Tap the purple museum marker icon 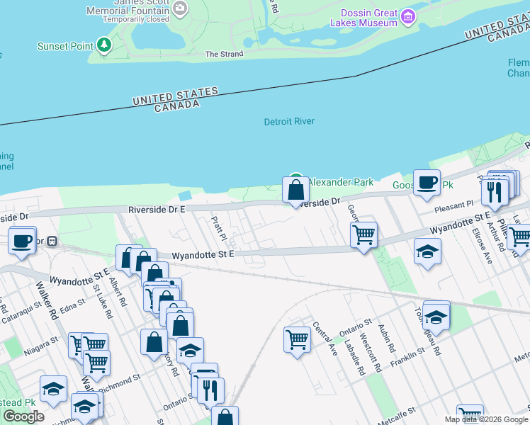point(407,16)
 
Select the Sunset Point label point(65,46)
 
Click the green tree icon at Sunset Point point(104,45)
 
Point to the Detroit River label point(289,122)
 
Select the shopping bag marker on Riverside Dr point(295,191)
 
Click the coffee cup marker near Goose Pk point(427,183)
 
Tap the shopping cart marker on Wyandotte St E point(363,234)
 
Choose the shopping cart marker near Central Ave point(297,339)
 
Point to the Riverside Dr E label point(157,210)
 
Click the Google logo point(23,416)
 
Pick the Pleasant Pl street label point(454,204)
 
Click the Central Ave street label point(325,339)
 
